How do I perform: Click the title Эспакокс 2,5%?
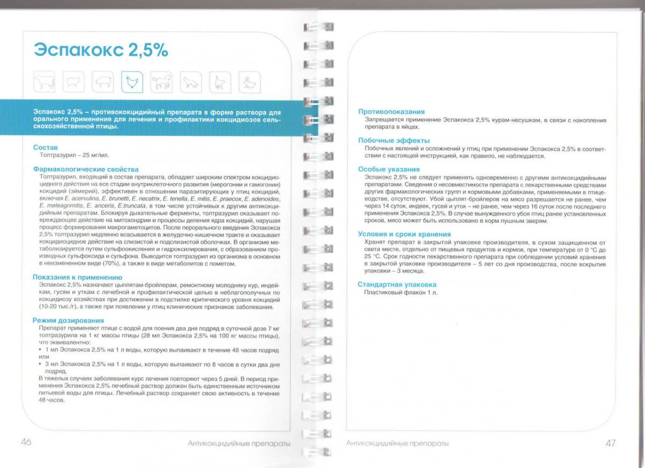point(101,49)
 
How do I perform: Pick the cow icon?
point(45,82)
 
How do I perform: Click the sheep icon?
point(74,82)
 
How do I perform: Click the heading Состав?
point(45,147)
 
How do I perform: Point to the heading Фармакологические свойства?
point(85,169)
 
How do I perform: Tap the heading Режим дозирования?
point(68,321)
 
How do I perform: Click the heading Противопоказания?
point(391,112)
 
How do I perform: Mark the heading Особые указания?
point(389,169)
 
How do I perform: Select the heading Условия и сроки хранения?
point(404,235)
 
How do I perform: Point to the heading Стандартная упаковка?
point(397,285)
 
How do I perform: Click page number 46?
point(26,442)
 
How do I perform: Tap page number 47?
point(610,443)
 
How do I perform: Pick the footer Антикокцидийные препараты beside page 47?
point(397,443)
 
